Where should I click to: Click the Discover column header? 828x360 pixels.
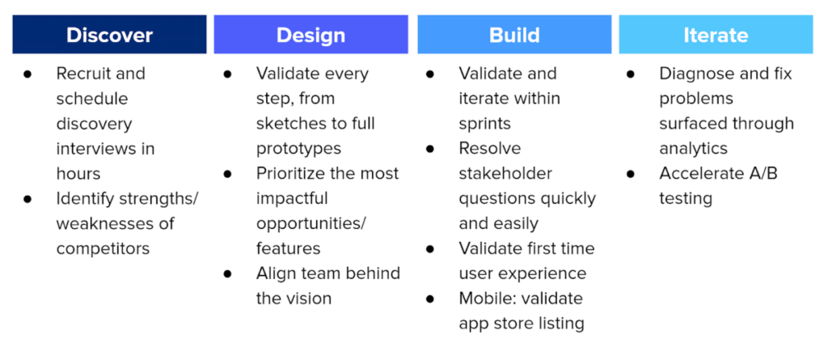click(109, 36)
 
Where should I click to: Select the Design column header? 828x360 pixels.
click(310, 36)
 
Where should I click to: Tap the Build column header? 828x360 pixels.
click(513, 36)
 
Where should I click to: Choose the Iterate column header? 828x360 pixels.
click(716, 36)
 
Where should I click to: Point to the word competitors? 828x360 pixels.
click(103, 248)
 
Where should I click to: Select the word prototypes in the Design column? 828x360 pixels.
click(298, 149)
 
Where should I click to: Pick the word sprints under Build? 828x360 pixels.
click(485, 124)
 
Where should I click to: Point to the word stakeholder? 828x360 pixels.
click(505, 173)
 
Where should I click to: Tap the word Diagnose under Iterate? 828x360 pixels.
click(697, 74)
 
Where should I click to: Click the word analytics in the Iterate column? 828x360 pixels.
click(693, 149)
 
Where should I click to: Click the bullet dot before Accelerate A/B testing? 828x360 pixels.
click(632, 174)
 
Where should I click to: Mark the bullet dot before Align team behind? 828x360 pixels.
click(228, 274)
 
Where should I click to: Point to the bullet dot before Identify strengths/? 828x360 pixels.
click(27, 199)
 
